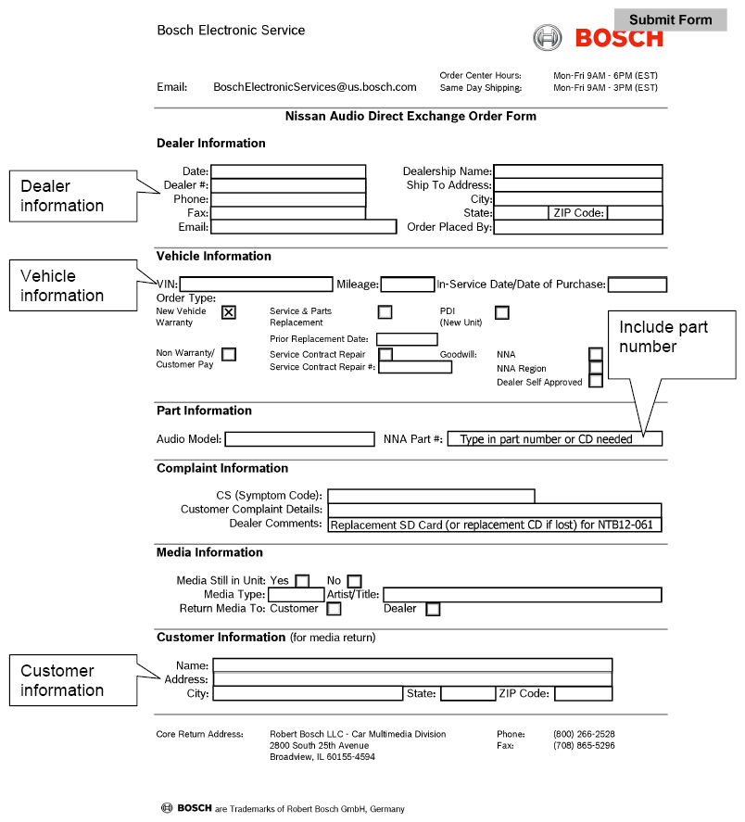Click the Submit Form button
[670, 19]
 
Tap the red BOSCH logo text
[619, 38]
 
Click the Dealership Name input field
[577, 171]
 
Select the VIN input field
[256, 285]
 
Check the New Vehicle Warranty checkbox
[229, 312]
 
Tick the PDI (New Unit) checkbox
[501, 312]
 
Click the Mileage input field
[407, 285]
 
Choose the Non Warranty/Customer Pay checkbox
[229, 354]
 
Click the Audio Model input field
[298, 438]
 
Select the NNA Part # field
[554, 438]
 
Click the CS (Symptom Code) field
[431, 496]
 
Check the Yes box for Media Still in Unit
[302, 581]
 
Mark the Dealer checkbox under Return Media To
[433, 609]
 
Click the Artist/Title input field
[522, 595]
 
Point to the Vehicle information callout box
[74, 285]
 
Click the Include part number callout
[670, 337]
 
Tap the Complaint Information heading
[222, 468]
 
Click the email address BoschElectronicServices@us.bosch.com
[315, 87]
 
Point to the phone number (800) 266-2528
[584, 734]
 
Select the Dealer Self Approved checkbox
[596, 381]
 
